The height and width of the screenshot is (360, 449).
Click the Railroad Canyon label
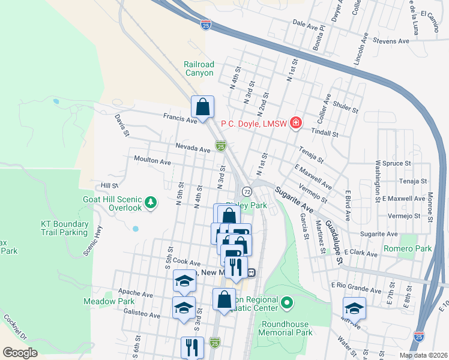(x=199, y=68)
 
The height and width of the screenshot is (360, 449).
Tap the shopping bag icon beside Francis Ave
(x=203, y=107)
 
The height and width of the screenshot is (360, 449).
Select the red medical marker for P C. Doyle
(x=295, y=124)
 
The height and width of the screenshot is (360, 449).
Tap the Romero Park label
(x=415, y=248)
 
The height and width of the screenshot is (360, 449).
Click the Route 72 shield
(x=247, y=191)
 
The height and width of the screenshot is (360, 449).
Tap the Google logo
(x=20, y=353)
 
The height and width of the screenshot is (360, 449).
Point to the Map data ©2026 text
(x=424, y=355)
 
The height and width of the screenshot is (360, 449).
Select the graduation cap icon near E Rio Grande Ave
(x=354, y=308)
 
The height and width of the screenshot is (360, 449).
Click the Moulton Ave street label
(x=152, y=162)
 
